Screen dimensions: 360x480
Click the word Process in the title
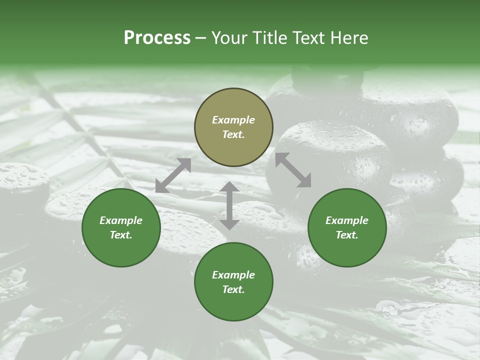pos(157,38)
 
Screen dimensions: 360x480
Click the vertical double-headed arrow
pos(229,205)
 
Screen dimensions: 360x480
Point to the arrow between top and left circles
pos(173,175)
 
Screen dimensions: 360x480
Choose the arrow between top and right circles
pos(293,170)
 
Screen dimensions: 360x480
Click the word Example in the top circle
pos(233,120)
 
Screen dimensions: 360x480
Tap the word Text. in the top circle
pos(233,134)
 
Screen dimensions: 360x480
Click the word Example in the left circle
pos(121,220)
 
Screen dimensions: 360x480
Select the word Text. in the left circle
pos(121,235)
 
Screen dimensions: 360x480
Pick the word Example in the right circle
pos(347,220)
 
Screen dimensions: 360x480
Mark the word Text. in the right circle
pos(347,235)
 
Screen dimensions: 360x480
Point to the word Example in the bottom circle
pos(233,275)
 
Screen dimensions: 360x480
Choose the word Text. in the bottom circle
pos(233,289)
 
